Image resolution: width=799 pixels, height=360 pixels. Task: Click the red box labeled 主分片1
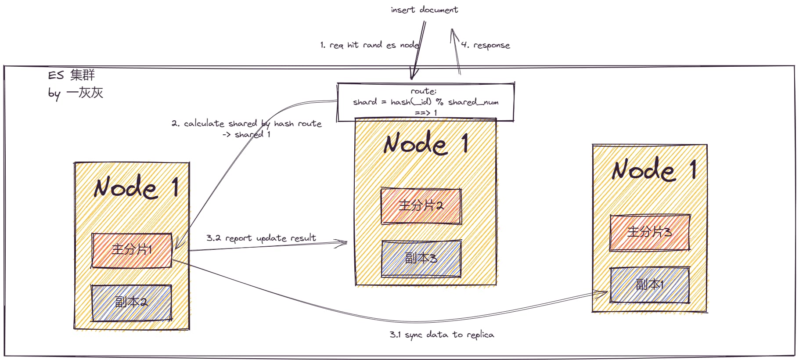[132, 250]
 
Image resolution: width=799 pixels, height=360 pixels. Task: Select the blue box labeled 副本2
[131, 302]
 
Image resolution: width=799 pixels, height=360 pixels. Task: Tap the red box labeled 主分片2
[421, 206]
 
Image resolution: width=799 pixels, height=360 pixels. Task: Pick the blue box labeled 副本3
[421, 259]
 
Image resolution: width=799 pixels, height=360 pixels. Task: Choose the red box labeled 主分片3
[650, 232]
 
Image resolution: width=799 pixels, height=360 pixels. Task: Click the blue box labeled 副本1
[650, 285]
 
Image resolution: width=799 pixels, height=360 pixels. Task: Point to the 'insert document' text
[424, 10]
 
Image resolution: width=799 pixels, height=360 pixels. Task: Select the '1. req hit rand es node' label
[370, 45]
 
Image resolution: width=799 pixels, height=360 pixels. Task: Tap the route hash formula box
[425, 102]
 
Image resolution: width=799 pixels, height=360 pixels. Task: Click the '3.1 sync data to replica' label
[442, 335]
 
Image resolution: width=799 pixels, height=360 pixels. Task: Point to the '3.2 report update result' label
[261, 238]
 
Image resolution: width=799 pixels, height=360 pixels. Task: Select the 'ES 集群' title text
[72, 75]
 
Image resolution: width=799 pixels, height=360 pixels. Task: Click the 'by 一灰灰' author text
[76, 93]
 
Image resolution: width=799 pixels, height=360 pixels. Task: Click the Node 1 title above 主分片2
[426, 144]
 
